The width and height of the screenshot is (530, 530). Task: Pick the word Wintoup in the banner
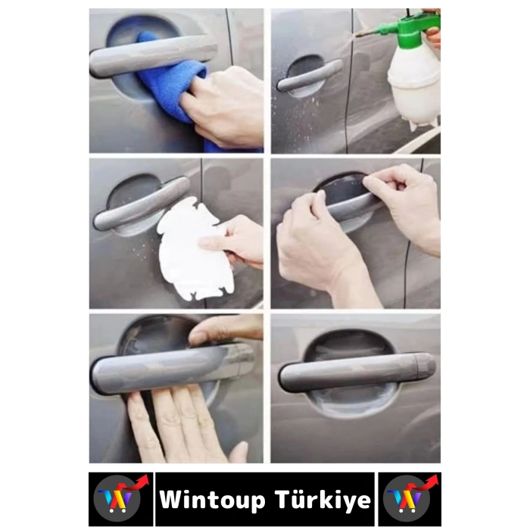(x=212, y=500)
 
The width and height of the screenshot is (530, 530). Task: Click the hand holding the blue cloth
(x=227, y=106)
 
